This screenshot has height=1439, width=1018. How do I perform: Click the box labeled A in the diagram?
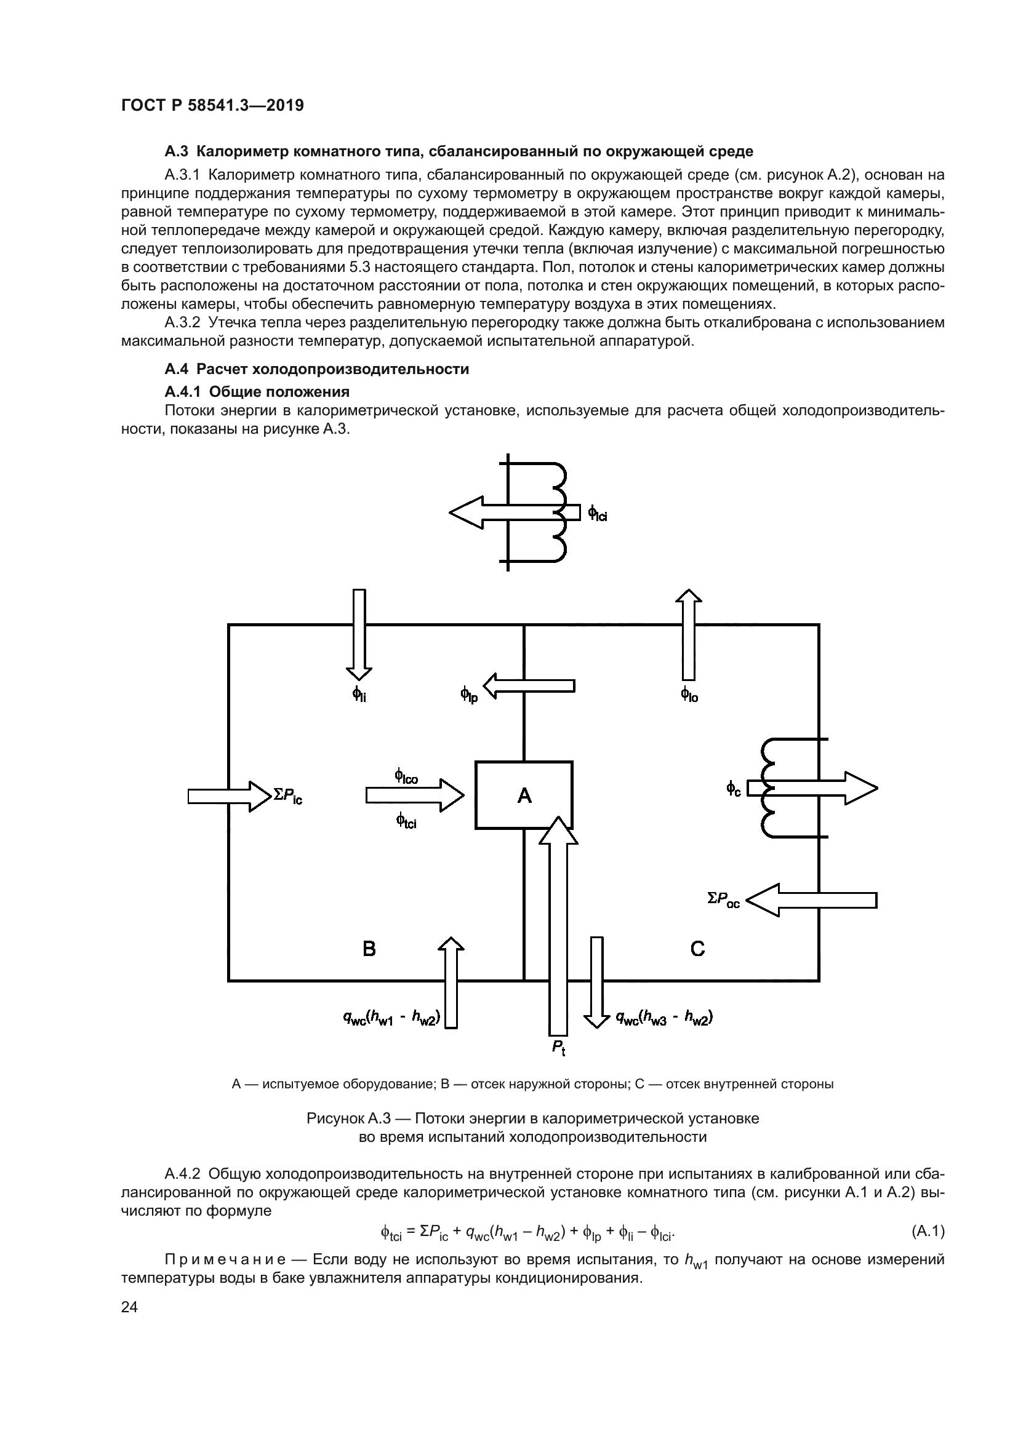tap(523, 795)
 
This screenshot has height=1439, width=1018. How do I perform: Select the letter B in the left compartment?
tap(369, 948)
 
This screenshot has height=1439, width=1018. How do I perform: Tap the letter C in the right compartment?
tap(697, 948)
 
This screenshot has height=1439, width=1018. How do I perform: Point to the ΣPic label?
tap(287, 795)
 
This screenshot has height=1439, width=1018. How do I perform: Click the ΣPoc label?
tap(723, 901)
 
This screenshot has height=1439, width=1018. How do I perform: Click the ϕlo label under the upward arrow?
tap(689, 694)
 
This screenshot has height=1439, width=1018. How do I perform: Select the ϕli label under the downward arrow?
tap(359, 694)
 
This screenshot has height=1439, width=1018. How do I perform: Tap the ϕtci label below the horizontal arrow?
tap(406, 819)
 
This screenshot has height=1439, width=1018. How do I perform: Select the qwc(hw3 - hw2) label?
tap(665, 1018)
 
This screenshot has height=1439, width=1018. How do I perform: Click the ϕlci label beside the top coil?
tap(598, 514)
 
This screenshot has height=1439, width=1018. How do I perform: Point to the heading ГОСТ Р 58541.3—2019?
tap(212, 105)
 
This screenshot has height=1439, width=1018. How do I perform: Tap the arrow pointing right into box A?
tap(414, 795)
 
